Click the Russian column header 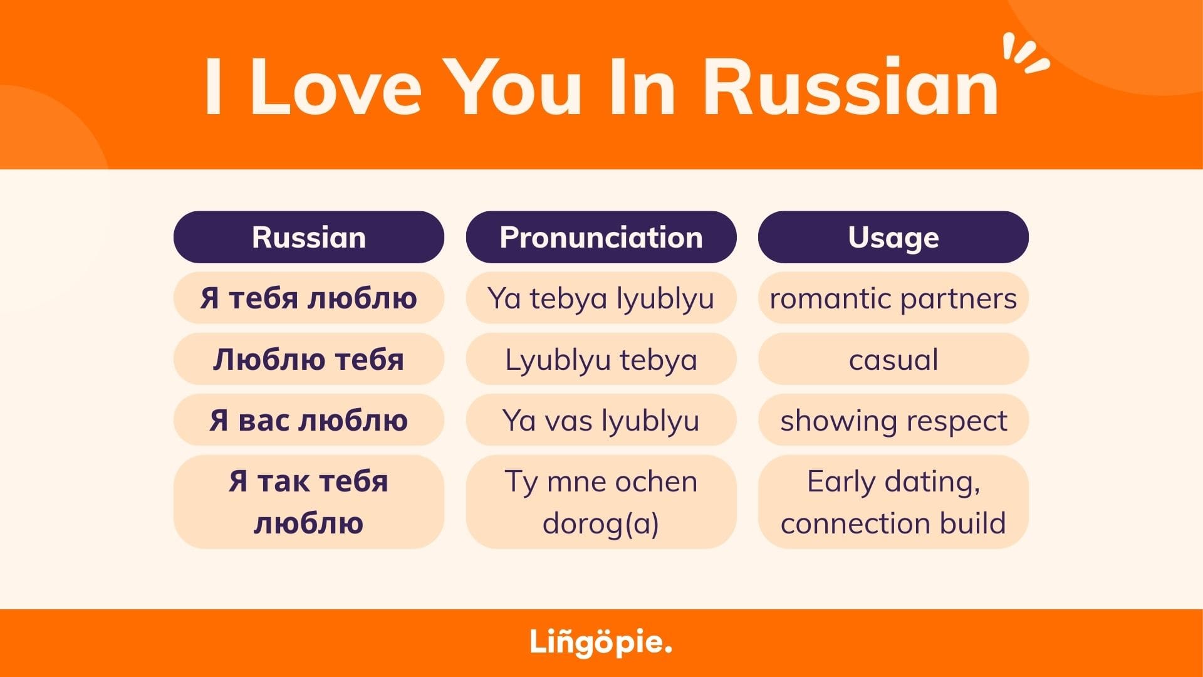point(308,237)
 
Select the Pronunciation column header point(601,237)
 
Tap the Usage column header point(893,237)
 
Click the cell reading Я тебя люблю point(308,298)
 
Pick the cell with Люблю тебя point(308,359)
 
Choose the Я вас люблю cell point(308,420)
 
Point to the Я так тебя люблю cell point(308,502)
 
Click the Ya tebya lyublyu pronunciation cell point(601,298)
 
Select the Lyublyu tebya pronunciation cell point(601,359)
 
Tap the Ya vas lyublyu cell point(601,420)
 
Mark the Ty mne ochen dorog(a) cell point(601,502)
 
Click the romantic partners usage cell point(893,298)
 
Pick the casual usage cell point(893,359)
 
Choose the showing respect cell point(893,420)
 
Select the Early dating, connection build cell point(893,502)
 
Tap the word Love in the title point(336,87)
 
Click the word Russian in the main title point(851,87)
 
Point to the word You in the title point(516,87)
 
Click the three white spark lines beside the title point(1025,53)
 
